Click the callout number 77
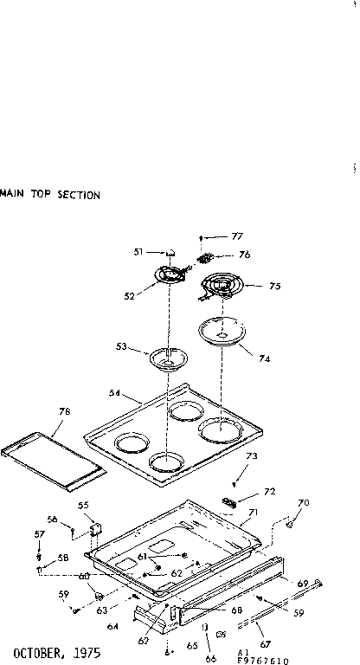tap(237, 236)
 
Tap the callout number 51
tap(138, 252)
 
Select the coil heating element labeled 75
tap(221, 286)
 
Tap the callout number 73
tap(253, 455)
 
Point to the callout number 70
tap(303, 503)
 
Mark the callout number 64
tap(113, 604)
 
